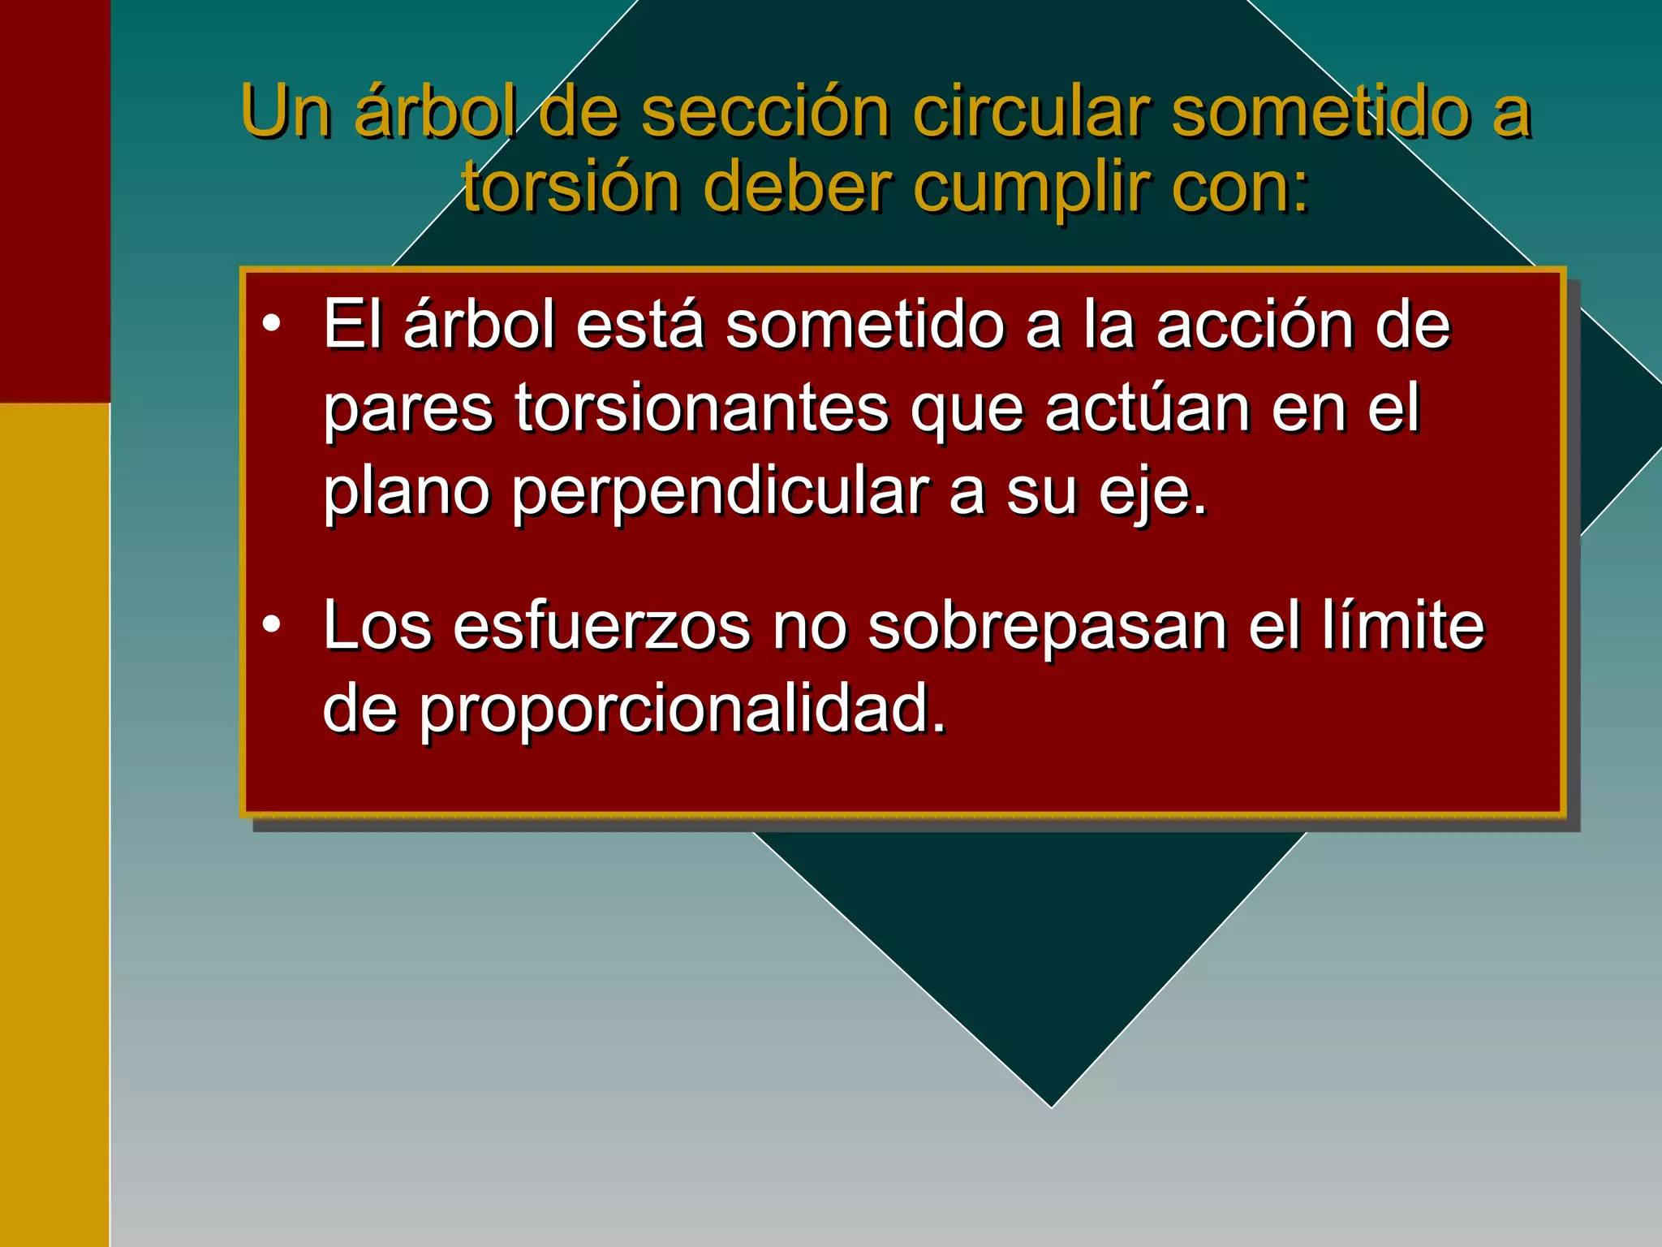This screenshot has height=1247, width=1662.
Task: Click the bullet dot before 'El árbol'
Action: (x=272, y=324)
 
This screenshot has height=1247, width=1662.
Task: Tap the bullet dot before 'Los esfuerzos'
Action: (x=272, y=624)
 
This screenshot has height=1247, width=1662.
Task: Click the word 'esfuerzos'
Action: (x=601, y=626)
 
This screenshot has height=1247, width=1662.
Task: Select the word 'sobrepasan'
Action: (x=1048, y=626)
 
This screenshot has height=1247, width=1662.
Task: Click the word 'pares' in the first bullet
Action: (x=408, y=411)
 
